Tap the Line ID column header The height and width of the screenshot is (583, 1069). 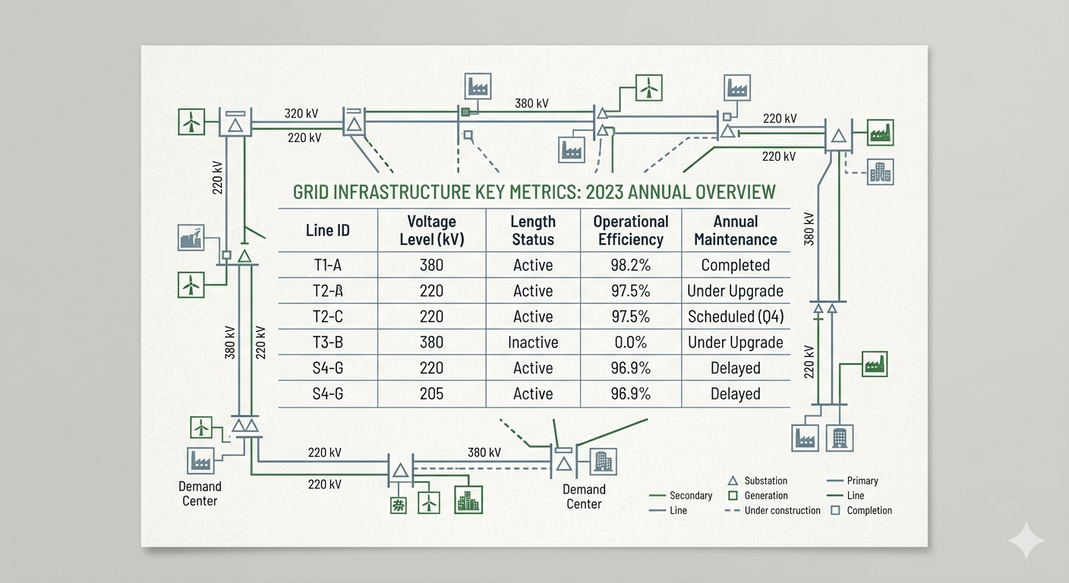(327, 230)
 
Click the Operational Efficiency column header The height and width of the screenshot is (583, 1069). (630, 230)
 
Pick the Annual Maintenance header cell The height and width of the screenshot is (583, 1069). (735, 230)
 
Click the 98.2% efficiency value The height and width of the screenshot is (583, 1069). (630, 265)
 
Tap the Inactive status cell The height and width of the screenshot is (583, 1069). (533, 342)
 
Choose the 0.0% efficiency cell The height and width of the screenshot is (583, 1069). (630, 342)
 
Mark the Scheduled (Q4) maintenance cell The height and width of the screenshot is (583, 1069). (735, 317)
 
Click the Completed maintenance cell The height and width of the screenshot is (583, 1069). (735, 265)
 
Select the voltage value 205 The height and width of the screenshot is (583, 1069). (431, 394)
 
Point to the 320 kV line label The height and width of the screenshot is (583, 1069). (301, 114)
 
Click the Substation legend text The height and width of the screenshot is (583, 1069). (765, 481)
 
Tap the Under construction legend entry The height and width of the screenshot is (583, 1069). (782, 510)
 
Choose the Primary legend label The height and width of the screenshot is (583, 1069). (862, 481)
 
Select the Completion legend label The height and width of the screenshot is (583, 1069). (869, 510)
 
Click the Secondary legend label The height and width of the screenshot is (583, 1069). (691, 496)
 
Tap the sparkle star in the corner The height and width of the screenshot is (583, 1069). (1026, 540)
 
